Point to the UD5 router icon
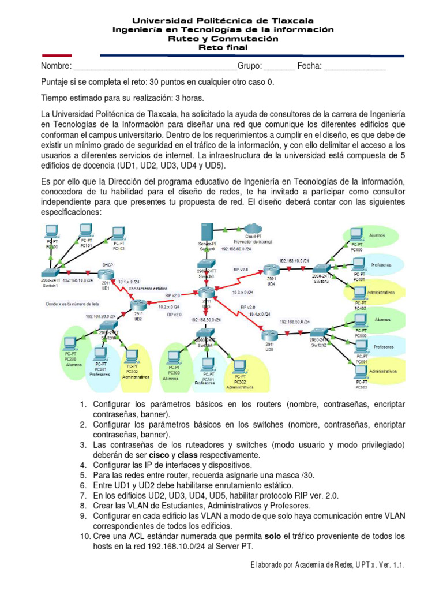(x=269, y=335)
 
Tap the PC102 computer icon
(x=118, y=234)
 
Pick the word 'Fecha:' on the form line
(x=309, y=66)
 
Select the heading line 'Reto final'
(x=222, y=47)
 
